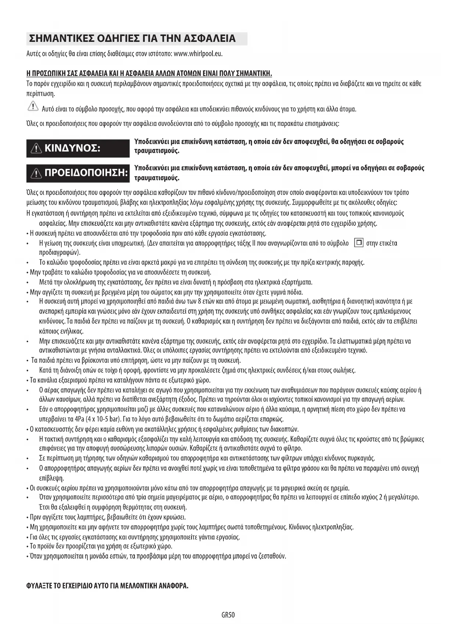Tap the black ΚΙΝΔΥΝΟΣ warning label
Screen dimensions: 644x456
tap(78, 148)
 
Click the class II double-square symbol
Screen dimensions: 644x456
tap(358, 243)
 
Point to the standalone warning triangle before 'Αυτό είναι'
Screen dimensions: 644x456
tap(33, 107)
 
